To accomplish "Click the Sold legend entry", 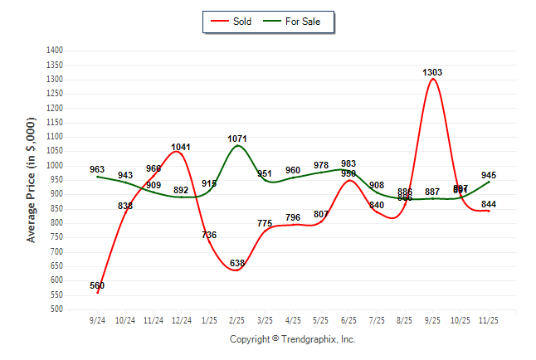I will (x=231, y=22).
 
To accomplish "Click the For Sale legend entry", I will (x=295, y=22).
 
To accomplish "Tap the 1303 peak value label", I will (x=432, y=72).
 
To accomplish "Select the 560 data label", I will (x=97, y=286).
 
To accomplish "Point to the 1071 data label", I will (x=237, y=139).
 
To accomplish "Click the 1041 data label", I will (x=181, y=147).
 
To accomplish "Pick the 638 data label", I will (x=237, y=264).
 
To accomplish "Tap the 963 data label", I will (x=97, y=169).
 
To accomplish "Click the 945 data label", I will (x=489, y=175).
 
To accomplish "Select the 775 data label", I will (x=265, y=223).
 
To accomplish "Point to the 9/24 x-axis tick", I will (x=97, y=319).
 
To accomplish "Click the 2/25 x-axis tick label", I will (x=237, y=319).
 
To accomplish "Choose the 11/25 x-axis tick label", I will (x=489, y=319).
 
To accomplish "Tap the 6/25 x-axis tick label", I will (x=349, y=319).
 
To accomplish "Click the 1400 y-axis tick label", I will (x=55, y=51).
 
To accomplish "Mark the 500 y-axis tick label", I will (x=57, y=309).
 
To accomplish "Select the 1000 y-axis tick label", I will (x=55, y=166).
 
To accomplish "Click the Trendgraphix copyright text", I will (x=292, y=339).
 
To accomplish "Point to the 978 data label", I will (x=321, y=165).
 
